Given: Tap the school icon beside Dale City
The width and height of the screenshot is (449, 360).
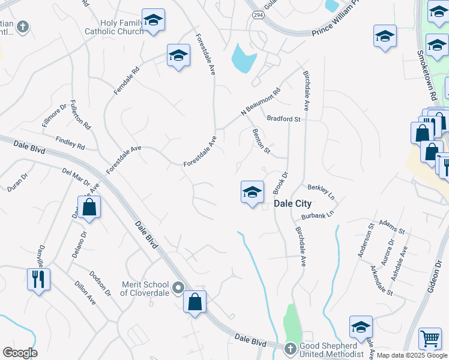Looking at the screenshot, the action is coord(252,193).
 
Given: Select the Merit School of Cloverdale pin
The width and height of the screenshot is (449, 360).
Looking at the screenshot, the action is coord(178,288).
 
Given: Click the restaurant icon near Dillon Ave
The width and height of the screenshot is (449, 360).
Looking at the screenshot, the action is coord(38,279).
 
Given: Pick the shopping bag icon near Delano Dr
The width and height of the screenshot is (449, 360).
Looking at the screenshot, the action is coord(89,208).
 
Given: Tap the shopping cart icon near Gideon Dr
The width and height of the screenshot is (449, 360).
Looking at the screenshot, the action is coord(430,339).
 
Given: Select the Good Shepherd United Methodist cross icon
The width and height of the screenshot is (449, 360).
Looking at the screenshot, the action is coord(289,349).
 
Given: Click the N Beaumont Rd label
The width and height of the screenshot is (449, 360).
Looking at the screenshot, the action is coord(261,102).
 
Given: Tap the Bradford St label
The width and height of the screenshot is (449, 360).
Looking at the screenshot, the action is coord(283,119).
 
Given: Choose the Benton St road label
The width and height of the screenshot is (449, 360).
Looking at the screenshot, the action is coord(261,140).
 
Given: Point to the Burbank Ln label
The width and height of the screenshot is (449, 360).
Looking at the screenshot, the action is coord(317,214).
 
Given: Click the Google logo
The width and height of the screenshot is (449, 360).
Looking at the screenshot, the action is coord(20,353).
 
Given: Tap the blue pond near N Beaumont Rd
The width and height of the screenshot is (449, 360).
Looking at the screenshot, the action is coord(244,58).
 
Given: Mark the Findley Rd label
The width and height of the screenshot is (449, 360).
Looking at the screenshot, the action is coord(70,142).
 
